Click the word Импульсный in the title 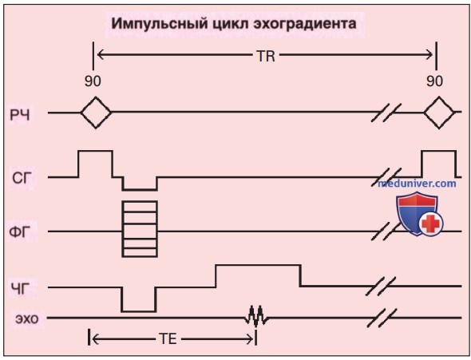[x=160, y=24]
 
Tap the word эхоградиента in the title [x=305, y=24]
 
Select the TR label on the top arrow [x=266, y=56]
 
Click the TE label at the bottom [x=168, y=339]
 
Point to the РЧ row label [x=20, y=115]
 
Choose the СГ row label [x=22, y=178]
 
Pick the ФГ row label [x=20, y=231]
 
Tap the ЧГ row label [x=21, y=289]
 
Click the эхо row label [x=27, y=318]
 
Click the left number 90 [x=93, y=81]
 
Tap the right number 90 [x=434, y=81]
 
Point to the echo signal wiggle [x=256, y=316]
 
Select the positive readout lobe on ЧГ [x=258, y=265]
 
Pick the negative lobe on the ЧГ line [x=139, y=311]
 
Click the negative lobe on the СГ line [x=140, y=190]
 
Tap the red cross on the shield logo [x=432, y=223]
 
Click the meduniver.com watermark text [x=417, y=183]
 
